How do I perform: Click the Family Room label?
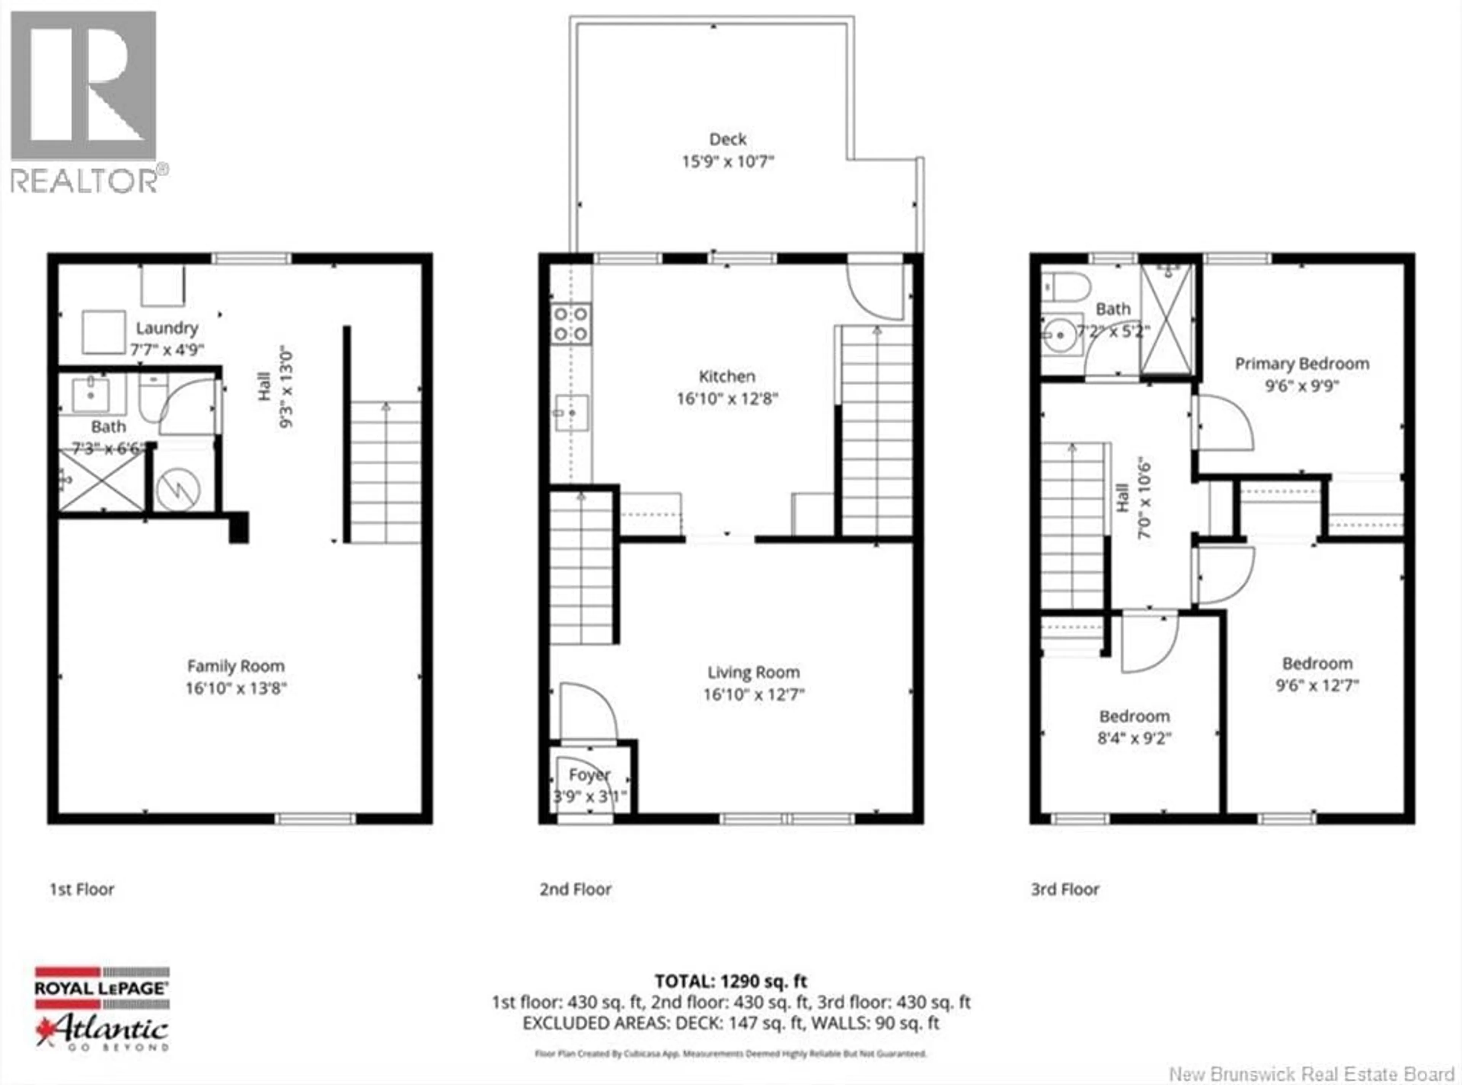pyautogui.click(x=236, y=666)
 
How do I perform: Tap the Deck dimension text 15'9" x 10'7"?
pyautogui.click(x=728, y=161)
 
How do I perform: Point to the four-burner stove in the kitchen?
pyautogui.click(x=571, y=324)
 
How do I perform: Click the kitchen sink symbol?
pyautogui.click(x=571, y=412)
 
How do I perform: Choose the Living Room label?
pyautogui.click(x=753, y=672)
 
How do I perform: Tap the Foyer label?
pyautogui.click(x=589, y=775)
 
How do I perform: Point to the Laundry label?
pyautogui.click(x=167, y=328)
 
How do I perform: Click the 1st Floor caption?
pyautogui.click(x=82, y=889)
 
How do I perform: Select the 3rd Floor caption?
pyautogui.click(x=1065, y=889)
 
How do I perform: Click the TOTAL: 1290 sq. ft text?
pyautogui.click(x=730, y=981)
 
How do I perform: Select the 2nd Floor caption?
pyautogui.click(x=575, y=889)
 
